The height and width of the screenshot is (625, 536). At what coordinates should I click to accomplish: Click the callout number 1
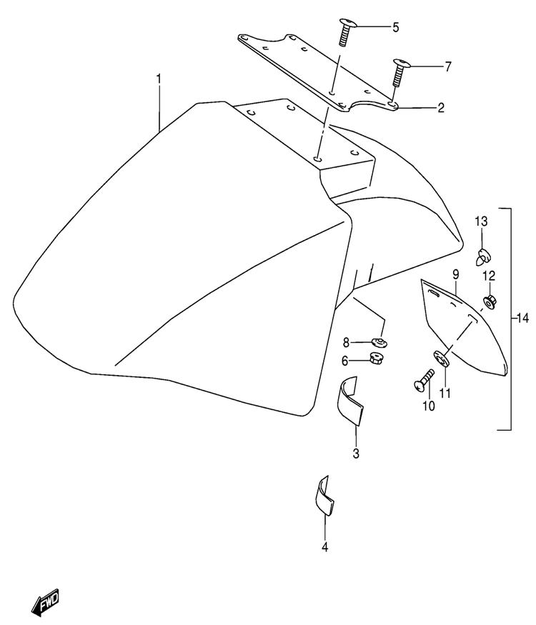pyautogui.click(x=159, y=79)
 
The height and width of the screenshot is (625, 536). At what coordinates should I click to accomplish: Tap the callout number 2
pyautogui.click(x=441, y=108)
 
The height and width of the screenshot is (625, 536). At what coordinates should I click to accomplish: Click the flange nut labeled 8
pyautogui.click(x=379, y=342)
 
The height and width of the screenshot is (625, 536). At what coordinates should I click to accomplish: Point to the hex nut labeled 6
pyautogui.click(x=377, y=358)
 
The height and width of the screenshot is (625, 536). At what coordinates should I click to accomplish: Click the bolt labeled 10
pyautogui.click(x=424, y=380)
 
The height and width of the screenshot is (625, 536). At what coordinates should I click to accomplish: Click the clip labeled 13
pyautogui.click(x=483, y=256)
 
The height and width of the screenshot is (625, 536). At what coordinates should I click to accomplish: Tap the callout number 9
pyautogui.click(x=455, y=274)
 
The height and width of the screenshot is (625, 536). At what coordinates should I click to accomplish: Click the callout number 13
pyautogui.click(x=481, y=221)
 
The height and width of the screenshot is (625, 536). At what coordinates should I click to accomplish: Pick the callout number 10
pyautogui.click(x=429, y=406)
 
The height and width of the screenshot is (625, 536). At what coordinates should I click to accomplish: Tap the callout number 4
pyautogui.click(x=324, y=547)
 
